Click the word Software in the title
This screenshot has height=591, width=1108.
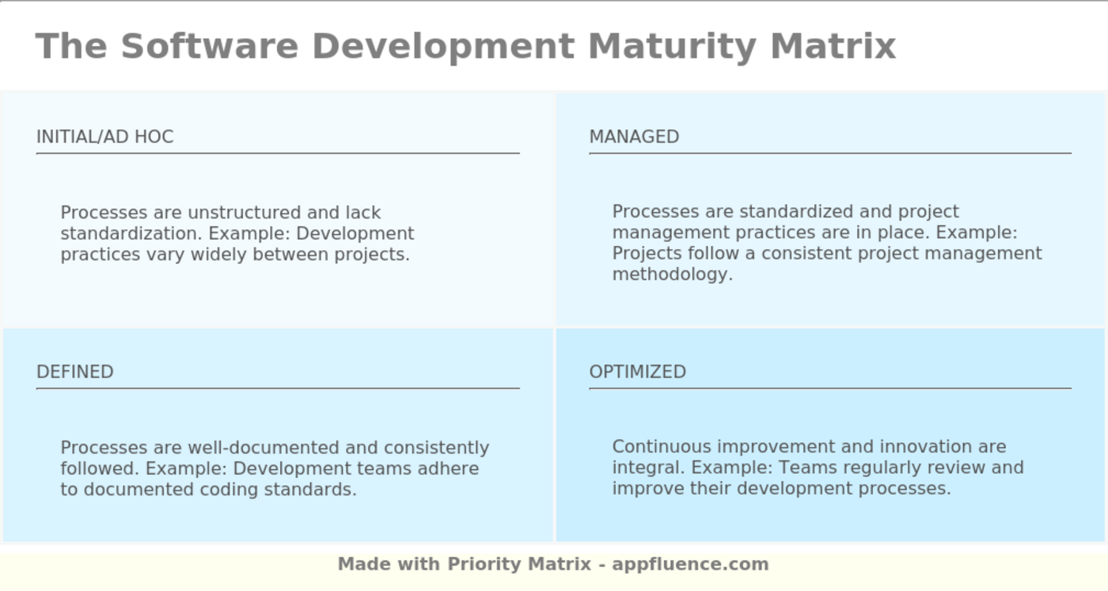coord(210,46)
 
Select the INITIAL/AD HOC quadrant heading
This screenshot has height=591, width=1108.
coord(104,137)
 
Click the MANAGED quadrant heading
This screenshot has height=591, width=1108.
coord(634,137)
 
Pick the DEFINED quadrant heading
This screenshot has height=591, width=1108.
coord(75,371)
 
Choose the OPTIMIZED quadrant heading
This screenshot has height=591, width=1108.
coord(638,371)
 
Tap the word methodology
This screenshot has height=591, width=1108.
coord(672,275)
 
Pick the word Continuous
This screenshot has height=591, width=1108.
coord(662,446)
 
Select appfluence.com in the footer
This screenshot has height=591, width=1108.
coord(690,564)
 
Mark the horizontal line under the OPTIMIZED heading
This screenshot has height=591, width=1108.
coord(830,388)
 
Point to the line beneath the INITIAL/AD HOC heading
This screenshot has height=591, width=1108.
coord(278,153)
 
